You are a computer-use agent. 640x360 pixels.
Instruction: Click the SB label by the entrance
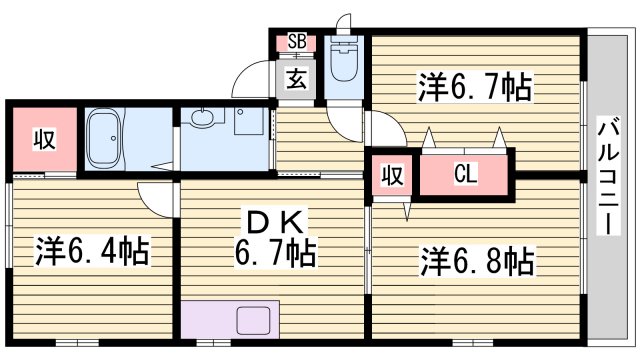point(297,42)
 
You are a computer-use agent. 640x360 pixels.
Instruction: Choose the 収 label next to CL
point(393,175)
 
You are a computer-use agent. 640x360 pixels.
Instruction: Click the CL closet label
point(465,175)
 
